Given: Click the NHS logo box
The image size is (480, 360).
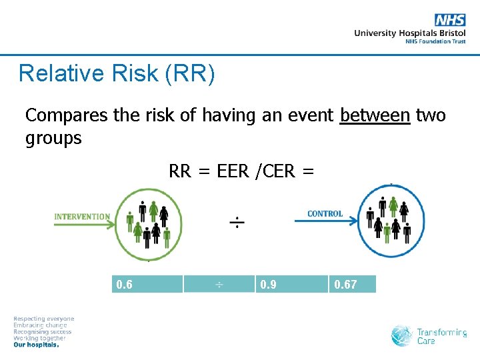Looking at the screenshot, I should tap(450, 20).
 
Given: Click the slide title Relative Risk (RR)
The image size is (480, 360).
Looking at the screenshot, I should tap(117, 73).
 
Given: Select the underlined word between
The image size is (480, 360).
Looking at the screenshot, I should tap(375, 115).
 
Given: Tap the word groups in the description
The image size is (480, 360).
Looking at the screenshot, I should tap(53, 139).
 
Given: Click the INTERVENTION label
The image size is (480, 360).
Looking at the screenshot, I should tap(82, 216).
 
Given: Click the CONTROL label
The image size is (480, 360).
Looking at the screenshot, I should tap(325, 214).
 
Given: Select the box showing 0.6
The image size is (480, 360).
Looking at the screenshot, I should tap(147, 285).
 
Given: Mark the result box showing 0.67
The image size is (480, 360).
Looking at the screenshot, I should tap(352, 285).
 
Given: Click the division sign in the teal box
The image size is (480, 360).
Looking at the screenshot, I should tap(219, 285).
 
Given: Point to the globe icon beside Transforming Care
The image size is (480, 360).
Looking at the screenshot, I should tap(402, 335).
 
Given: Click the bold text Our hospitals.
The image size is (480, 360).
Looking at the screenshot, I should tap(37, 345).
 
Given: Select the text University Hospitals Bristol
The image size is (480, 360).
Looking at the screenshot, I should tap(409, 33).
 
